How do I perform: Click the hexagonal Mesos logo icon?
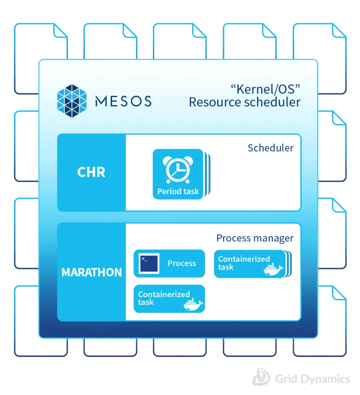pos(73,101)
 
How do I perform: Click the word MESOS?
pos(123,101)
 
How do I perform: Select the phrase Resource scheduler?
pos(244,102)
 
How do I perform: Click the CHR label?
pos(91,172)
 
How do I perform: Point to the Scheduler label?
pos(270,148)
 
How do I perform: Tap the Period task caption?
pos(178,191)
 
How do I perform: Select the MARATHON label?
pos(91,272)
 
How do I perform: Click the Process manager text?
pos(255,238)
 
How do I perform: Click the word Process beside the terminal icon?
pos(182,263)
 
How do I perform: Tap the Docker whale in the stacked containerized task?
pos(274,270)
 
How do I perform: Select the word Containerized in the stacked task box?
pos(244,259)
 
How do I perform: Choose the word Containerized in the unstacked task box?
pos(164,294)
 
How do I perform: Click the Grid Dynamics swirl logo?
pos(261,377)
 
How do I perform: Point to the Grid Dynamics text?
pos(313,378)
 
